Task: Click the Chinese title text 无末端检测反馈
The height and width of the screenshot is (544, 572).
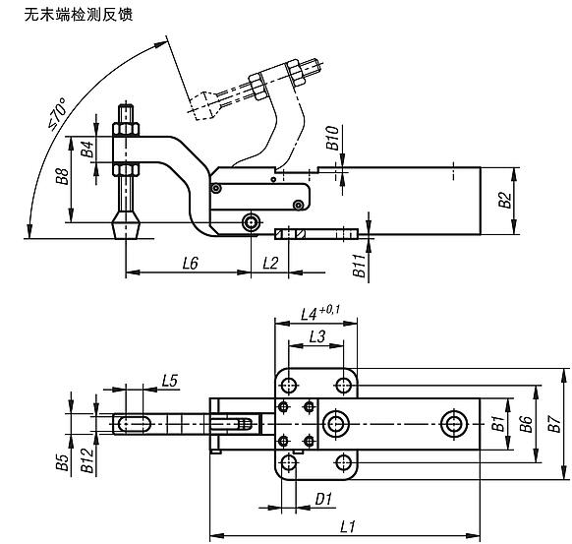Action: point(69,15)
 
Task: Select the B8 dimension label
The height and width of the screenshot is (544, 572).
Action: point(61,178)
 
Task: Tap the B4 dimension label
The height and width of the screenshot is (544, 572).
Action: point(86,150)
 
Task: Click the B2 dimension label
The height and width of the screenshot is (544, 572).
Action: point(503,200)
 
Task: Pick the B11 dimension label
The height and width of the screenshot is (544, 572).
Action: point(360,265)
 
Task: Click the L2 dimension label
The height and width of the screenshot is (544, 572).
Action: point(270,263)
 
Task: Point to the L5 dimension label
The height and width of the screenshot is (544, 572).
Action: point(168,380)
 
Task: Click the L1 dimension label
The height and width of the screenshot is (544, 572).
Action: point(346,527)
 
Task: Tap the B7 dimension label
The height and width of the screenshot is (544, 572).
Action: point(555,424)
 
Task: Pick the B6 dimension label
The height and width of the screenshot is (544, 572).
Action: point(527,424)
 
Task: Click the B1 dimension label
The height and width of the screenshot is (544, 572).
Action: point(497,424)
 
